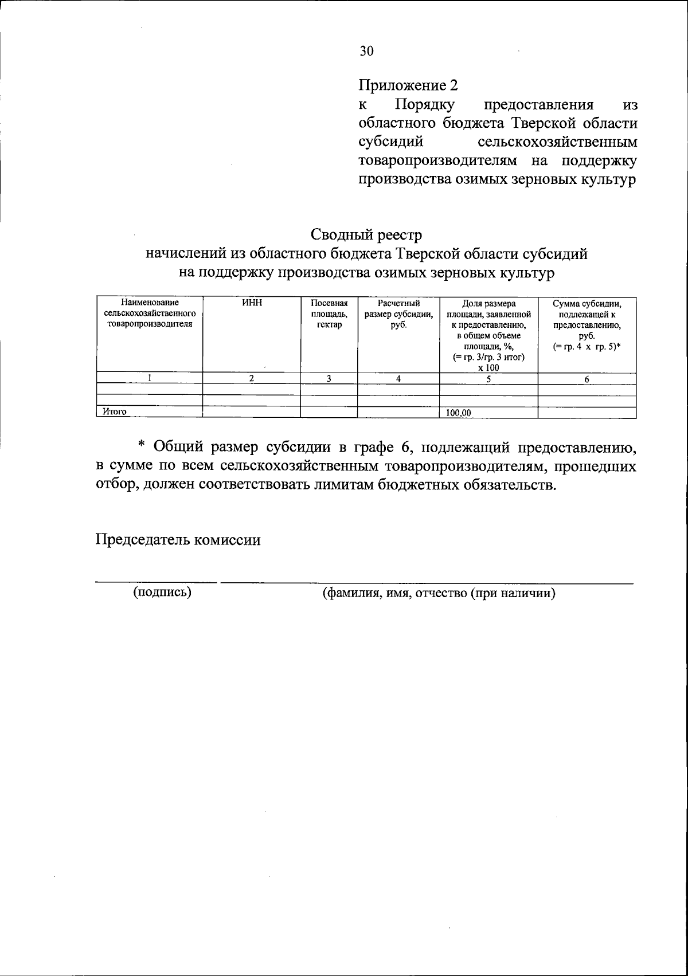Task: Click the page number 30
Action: click(x=367, y=51)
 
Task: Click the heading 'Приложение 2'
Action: click(x=408, y=86)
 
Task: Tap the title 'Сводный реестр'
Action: click(x=366, y=235)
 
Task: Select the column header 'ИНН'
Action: click(x=252, y=303)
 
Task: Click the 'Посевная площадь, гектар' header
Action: click(x=329, y=313)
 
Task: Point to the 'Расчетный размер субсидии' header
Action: click(x=398, y=313)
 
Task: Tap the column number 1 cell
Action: click(x=150, y=378)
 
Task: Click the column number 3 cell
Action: click(x=329, y=378)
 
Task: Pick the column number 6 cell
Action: click(x=587, y=379)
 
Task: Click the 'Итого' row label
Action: click(x=114, y=411)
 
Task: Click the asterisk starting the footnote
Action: click(x=142, y=446)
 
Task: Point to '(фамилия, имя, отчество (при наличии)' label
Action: click(x=439, y=593)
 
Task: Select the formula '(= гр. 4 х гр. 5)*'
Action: click(x=587, y=347)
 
